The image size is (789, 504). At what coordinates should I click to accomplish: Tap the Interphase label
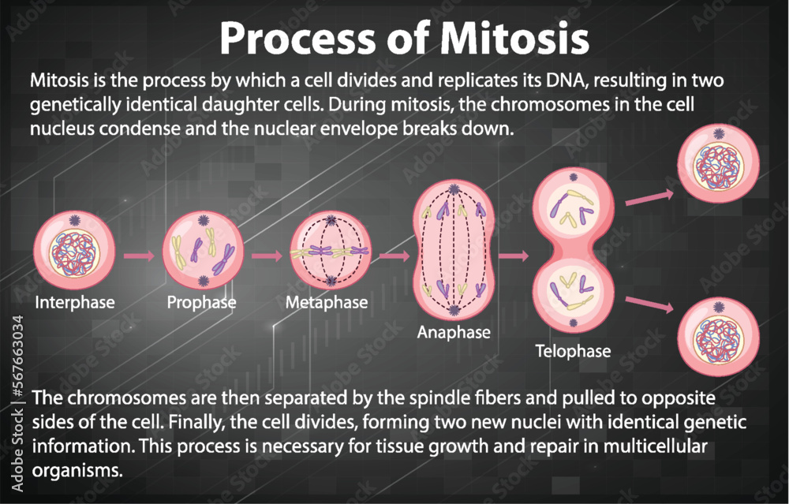pos(75,302)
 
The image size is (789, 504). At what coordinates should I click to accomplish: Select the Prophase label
pos(201,302)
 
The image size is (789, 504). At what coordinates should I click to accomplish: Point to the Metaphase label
pos(327,302)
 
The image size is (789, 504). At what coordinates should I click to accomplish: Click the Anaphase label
pos(454,332)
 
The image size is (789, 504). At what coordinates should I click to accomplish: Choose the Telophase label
pos(573,350)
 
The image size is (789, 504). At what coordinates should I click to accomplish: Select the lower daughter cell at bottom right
pos(719,334)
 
